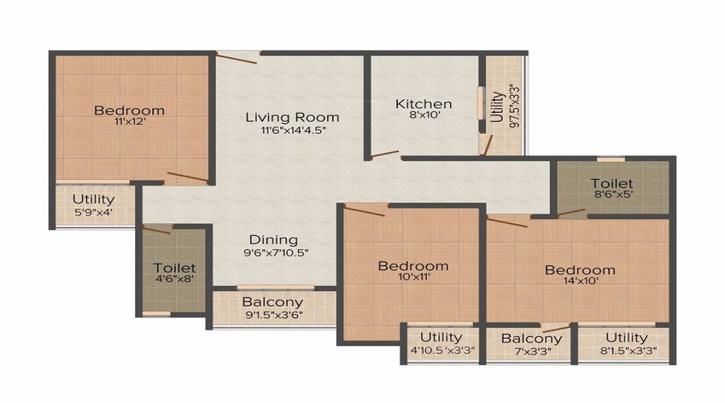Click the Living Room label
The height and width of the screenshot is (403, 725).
click(x=292, y=118)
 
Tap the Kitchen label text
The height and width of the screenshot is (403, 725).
click(x=423, y=104)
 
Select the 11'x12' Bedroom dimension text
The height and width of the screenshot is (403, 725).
click(x=129, y=123)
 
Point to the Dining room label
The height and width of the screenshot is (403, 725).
click(x=273, y=239)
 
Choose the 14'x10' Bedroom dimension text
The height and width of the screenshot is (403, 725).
click(x=578, y=284)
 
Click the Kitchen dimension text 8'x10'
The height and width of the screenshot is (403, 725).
click(x=423, y=117)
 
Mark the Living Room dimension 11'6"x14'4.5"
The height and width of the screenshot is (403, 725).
click(x=292, y=131)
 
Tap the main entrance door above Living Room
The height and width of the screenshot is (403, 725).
click(x=238, y=56)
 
